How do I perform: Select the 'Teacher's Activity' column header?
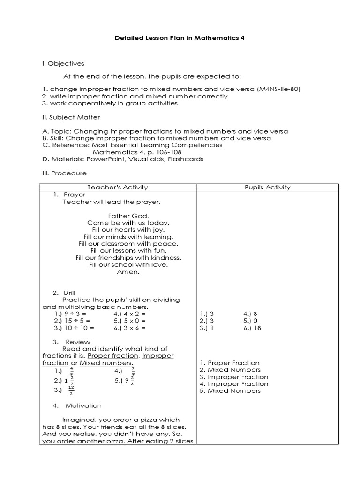point(117,187)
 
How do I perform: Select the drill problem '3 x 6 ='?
point(133,328)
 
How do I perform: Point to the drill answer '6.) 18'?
point(252,328)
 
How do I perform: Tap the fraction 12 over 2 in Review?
point(71,390)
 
